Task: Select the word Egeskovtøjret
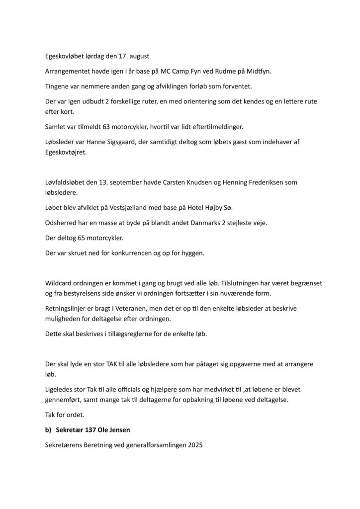click(66, 153)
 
